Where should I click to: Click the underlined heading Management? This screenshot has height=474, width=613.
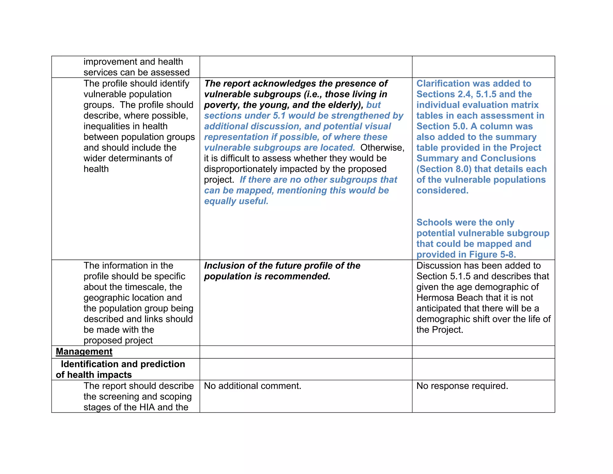(84, 351)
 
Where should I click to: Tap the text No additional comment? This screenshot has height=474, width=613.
(252, 386)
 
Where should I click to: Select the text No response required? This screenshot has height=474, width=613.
(462, 386)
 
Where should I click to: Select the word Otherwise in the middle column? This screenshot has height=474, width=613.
(382, 148)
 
